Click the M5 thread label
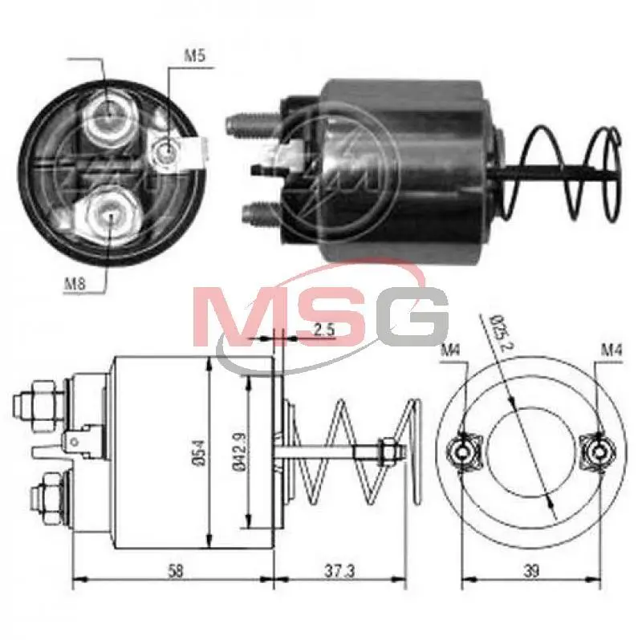pyautogui.click(x=193, y=55)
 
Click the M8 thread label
pyautogui.click(x=75, y=283)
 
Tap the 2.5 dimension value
pyautogui.click(x=324, y=329)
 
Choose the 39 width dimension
pyautogui.click(x=531, y=570)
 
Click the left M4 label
pyautogui.click(x=451, y=350)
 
